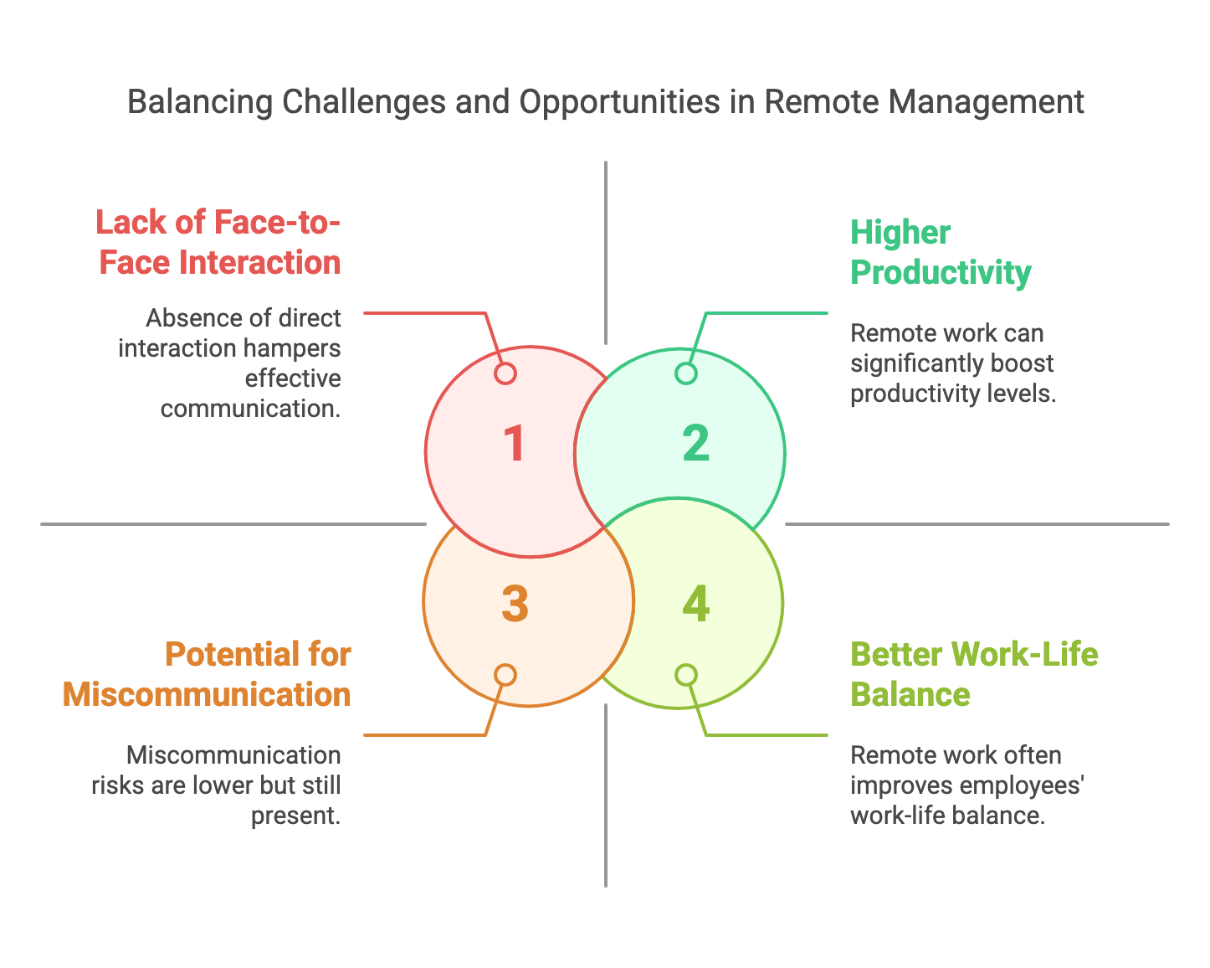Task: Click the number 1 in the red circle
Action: point(514,443)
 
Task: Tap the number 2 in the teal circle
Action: point(695,443)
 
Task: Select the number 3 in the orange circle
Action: point(515,604)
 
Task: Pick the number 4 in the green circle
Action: point(695,604)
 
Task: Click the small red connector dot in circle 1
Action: point(505,373)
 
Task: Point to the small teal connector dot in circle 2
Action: point(686,373)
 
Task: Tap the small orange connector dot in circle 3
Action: point(505,675)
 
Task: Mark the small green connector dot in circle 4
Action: point(686,675)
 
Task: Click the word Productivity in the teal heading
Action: point(941,273)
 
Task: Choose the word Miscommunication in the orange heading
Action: point(207,695)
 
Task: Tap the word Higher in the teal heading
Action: point(900,233)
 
